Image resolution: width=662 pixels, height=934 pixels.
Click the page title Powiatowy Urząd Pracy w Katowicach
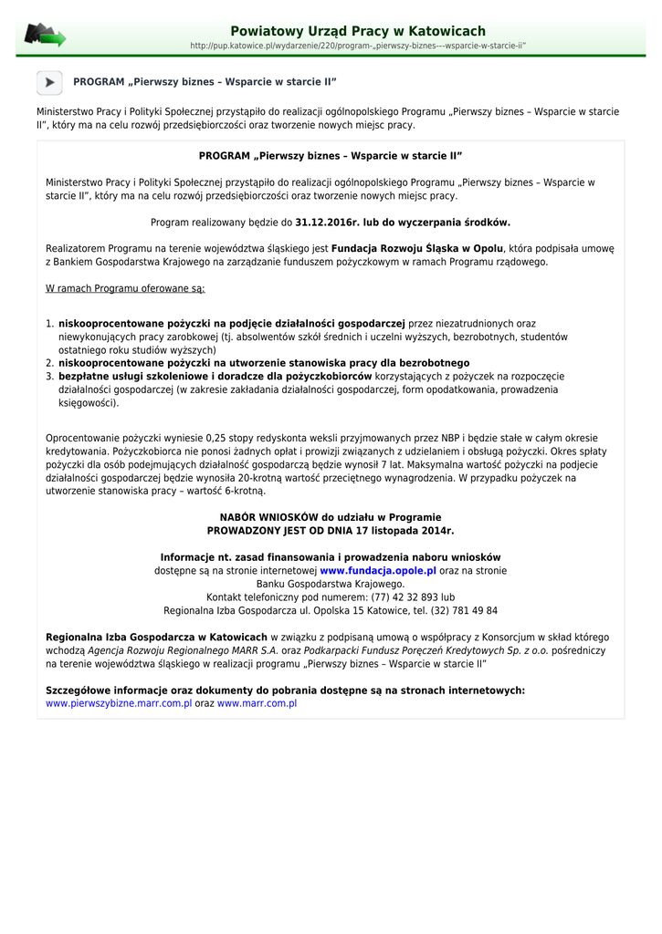357,31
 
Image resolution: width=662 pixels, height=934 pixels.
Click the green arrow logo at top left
45,36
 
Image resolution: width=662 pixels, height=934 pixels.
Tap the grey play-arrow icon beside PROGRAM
49,82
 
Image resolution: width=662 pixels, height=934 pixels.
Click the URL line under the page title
357,46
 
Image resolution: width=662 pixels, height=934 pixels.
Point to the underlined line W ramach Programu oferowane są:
125,288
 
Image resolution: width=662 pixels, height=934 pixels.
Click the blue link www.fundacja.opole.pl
378,570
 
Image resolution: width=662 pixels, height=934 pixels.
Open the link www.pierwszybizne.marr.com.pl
119,703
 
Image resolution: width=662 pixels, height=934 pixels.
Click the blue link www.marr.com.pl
257,703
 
